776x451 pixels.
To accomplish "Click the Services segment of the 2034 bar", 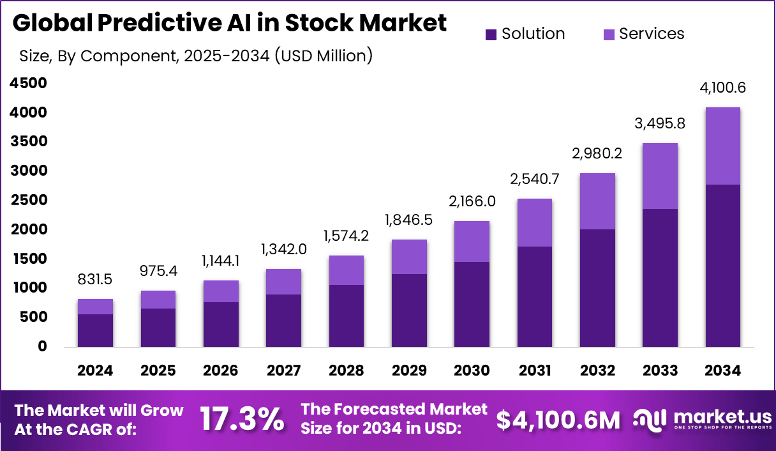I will (x=723, y=146).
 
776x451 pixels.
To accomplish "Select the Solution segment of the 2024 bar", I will (x=95, y=330).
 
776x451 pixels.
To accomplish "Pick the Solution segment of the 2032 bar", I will (x=597, y=287).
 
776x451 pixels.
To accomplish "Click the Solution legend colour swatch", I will (x=491, y=34).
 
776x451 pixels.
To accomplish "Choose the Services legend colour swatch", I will (x=609, y=34).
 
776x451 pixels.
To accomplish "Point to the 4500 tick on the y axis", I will (x=29, y=83).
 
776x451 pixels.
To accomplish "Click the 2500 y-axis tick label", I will (x=29, y=200).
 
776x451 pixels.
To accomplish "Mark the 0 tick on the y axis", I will (x=43, y=347).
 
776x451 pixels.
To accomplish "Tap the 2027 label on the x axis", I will (x=283, y=371).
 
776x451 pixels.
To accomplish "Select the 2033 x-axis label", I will (x=660, y=371).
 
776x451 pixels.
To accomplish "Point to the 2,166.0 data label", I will (x=472, y=203).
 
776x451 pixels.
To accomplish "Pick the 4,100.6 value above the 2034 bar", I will (x=723, y=88).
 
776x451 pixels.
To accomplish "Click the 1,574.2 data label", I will (x=346, y=236).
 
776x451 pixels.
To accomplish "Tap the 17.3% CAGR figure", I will (x=242, y=420).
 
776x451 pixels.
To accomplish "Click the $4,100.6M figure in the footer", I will (x=558, y=420).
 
